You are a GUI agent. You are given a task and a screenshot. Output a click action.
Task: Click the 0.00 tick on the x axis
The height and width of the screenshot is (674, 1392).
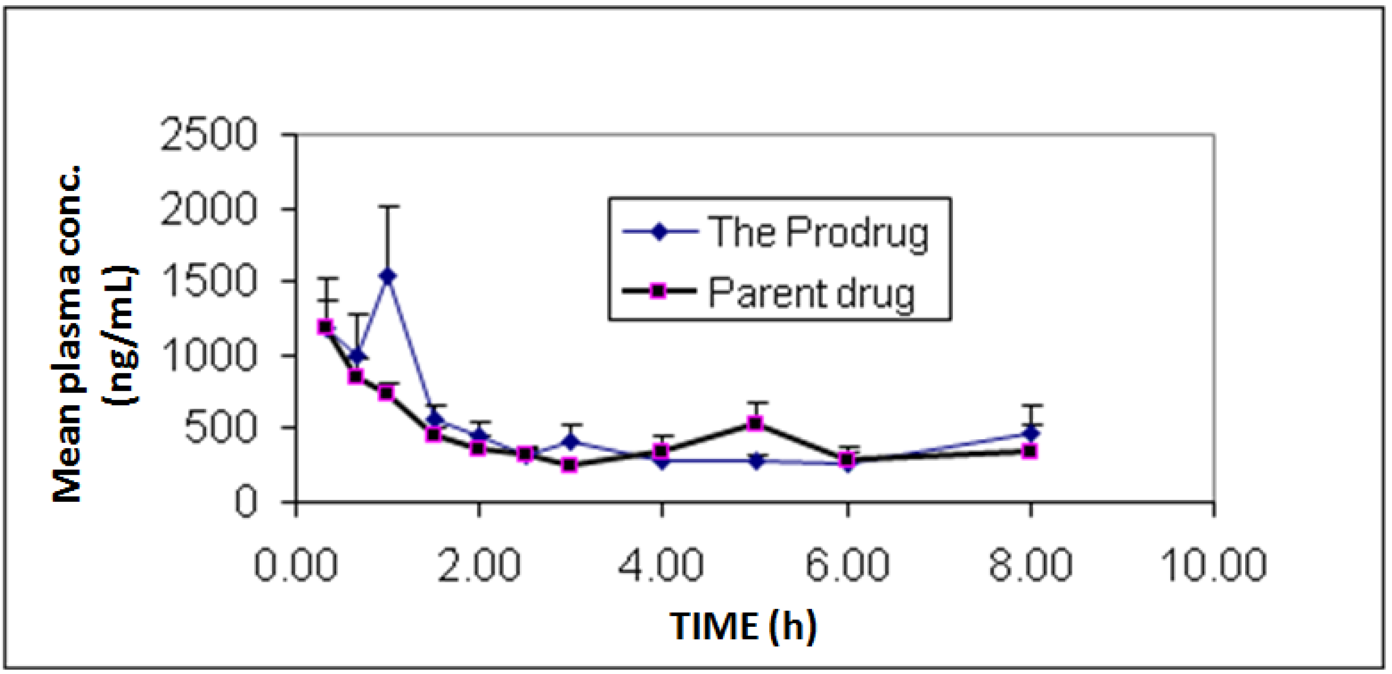[x=296, y=564]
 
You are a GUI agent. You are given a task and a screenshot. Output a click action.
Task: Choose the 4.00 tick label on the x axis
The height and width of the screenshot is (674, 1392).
[x=662, y=564]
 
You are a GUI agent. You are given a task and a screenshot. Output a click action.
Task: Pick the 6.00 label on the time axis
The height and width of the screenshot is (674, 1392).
[x=847, y=564]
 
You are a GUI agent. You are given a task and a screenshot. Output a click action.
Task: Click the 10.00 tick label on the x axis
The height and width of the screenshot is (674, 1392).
[x=1213, y=564]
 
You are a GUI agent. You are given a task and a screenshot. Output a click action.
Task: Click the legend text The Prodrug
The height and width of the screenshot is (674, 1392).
[x=819, y=232]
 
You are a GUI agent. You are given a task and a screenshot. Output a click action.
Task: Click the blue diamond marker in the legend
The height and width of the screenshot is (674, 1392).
[x=660, y=232]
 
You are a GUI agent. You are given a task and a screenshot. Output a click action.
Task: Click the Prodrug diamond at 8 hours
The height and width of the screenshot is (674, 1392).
[x=1031, y=433]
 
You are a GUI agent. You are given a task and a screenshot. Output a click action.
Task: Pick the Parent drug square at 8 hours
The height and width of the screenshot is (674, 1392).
[x=1031, y=451]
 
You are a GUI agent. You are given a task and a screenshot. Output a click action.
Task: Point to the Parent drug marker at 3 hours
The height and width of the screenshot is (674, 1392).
[x=569, y=465]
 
